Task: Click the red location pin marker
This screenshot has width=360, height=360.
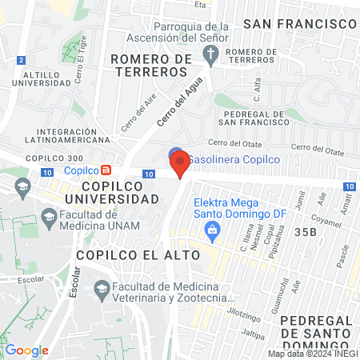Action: click(180, 163)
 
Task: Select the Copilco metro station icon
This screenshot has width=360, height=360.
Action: click(106, 170)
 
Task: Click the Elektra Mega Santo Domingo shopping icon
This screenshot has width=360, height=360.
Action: click(212, 233)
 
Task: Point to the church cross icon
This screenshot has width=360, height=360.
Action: click(211, 55)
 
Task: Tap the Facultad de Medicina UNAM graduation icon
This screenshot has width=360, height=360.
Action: click(50, 216)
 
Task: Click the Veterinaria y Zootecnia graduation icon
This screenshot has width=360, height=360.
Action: click(101, 289)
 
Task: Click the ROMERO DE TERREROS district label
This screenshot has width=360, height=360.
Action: click(151, 66)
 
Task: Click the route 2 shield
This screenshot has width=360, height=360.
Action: click(20, 60)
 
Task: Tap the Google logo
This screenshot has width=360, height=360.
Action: click(26, 350)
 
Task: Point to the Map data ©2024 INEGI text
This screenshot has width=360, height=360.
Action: click(312, 354)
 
